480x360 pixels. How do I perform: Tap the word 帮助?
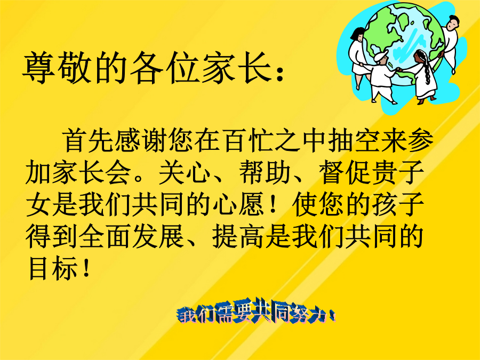point(265,172)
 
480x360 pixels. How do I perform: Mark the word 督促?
point(345,172)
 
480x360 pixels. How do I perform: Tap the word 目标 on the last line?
point(52,268)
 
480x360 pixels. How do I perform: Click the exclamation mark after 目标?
point(86,268)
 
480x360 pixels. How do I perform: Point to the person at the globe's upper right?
point(449,43)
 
